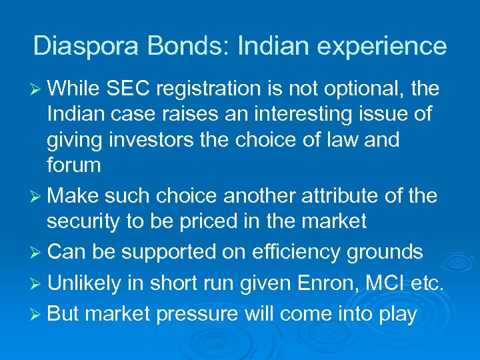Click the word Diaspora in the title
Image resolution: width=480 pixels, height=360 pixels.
[x=79, y=46]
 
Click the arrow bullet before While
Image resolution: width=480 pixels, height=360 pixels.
[x=37, y=89]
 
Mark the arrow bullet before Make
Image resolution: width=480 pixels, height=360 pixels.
[x=37, y=197]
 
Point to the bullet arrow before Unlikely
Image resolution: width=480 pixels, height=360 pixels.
[x=37, y=284]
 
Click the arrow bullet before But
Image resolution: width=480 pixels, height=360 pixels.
[x=37, y=315]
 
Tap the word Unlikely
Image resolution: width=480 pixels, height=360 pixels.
[x=84, y=283]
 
